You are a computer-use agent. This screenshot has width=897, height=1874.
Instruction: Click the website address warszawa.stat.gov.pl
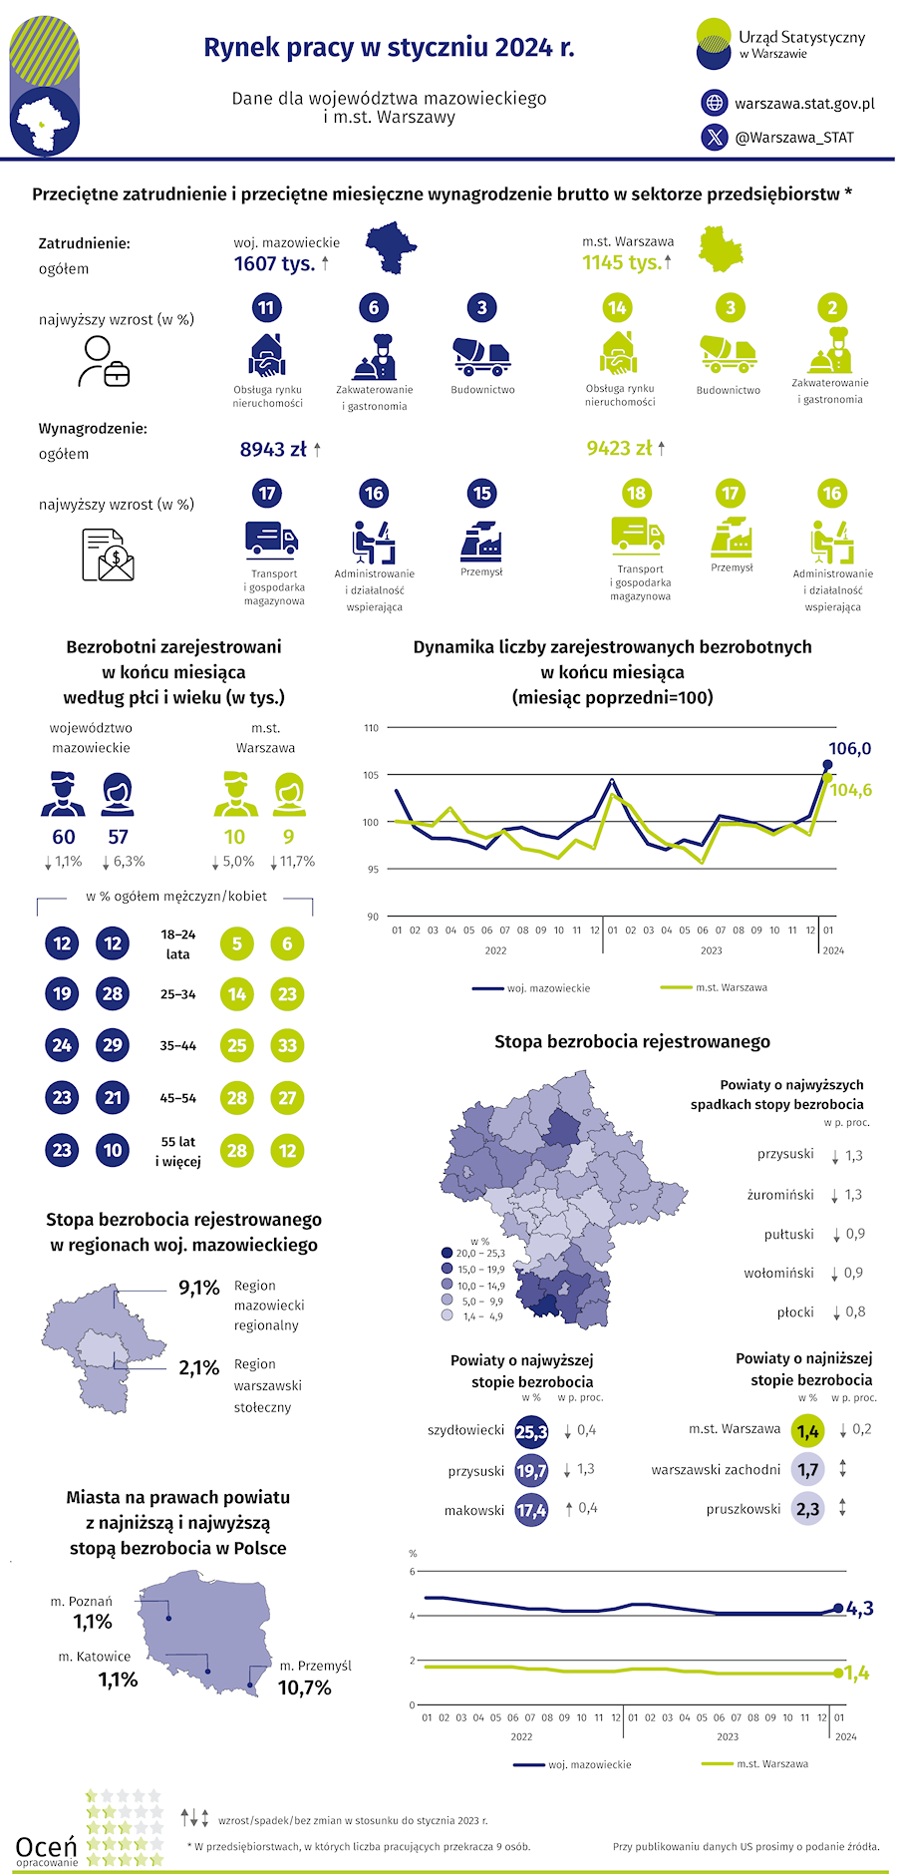pyautogui.click(x=804, y=103)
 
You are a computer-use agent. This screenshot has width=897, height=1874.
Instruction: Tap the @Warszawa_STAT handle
pyautogui.click(x=794, y=138)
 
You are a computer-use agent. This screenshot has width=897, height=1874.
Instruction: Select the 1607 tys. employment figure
pyautogui.click(x=274, y=263)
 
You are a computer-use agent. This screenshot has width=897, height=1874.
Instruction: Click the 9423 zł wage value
pyautogui.click(x=619, y=449)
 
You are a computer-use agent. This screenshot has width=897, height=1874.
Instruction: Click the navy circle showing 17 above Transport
pyautogui.click(x=266, y=493)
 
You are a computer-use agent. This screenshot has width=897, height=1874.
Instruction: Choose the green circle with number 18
pyautogui.click(x=635, y=493)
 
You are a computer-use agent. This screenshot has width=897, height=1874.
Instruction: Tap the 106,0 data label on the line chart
pyautogui.click(x=849, y=748)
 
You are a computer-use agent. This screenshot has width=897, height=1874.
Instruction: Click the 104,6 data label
pyautogui.click(x=851, y=790)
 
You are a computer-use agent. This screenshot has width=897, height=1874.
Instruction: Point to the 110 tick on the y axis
pyautogui.click(x=371, y=728)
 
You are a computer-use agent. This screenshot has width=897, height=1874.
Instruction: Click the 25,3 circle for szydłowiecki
pyautogui.click(x=531, y=1432)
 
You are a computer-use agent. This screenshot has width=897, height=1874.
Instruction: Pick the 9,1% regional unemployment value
pyautogui.click(x=198, y=1288)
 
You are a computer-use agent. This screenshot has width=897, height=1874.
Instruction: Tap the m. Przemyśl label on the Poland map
pyautogui.click(x=315, y=1666)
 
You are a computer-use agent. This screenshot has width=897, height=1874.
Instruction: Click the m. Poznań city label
pyautogui.click(x=82, y=1601)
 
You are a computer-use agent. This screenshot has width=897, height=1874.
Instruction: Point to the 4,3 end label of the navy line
pyautogui.click(x=860, y=1608)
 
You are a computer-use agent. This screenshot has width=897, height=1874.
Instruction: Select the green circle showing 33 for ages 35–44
pyautogui.click(x=287, y=1045)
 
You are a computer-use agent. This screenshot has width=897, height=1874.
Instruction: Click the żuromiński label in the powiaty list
pyautogui.click(x=780, y=1195)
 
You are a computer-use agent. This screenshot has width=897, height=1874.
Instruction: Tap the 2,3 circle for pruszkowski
pyautogui.click(x=808, y=1509)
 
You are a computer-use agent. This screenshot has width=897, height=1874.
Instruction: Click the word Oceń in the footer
pyautogui.click(x=46, y=1847)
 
